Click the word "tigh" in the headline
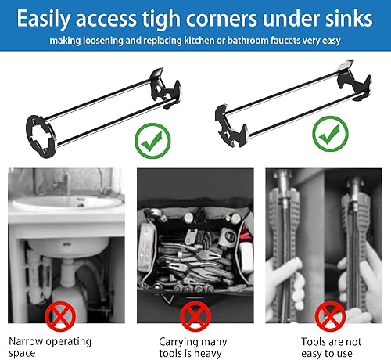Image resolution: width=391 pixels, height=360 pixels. point(161,19)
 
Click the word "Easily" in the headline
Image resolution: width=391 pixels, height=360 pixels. point(44,20)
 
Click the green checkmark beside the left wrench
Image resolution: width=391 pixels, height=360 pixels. point(152,141)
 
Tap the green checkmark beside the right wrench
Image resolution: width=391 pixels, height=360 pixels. point(330,134)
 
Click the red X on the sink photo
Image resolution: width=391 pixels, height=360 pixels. point(60,316)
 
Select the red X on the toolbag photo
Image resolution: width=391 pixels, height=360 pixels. point(195,316)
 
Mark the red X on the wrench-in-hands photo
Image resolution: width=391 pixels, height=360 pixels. point(330,316)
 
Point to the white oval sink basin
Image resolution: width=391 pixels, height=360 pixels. point(66,203)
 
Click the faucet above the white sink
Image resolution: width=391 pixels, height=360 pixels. point(63,183)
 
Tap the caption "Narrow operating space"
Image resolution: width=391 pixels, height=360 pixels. point(50,347)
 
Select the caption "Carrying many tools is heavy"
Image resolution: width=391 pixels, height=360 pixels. point(193,347)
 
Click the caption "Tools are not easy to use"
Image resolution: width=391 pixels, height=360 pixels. point(331,347)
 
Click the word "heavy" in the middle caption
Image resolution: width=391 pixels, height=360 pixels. point(208,354)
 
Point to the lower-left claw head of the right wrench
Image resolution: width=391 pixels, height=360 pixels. point(231,126)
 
